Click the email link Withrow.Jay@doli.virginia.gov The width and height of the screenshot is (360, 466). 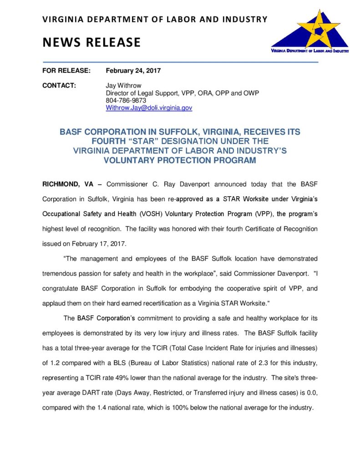tap(149, 108)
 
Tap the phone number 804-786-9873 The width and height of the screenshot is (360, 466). tap(126, 101)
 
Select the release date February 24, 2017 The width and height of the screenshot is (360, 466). tap(133, 71)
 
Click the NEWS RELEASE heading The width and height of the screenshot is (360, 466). tap(91, 42)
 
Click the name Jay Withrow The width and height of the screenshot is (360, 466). tap(124, 86)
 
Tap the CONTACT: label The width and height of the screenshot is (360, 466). tap(59, 86)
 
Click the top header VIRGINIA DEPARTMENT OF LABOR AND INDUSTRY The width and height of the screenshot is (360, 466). tap(155, 19)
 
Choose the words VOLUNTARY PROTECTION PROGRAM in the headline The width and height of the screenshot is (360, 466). tap(180, 160)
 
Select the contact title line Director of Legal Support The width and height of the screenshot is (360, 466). tap(182, 93)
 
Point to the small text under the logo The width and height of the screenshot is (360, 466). tap(310, 51)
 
